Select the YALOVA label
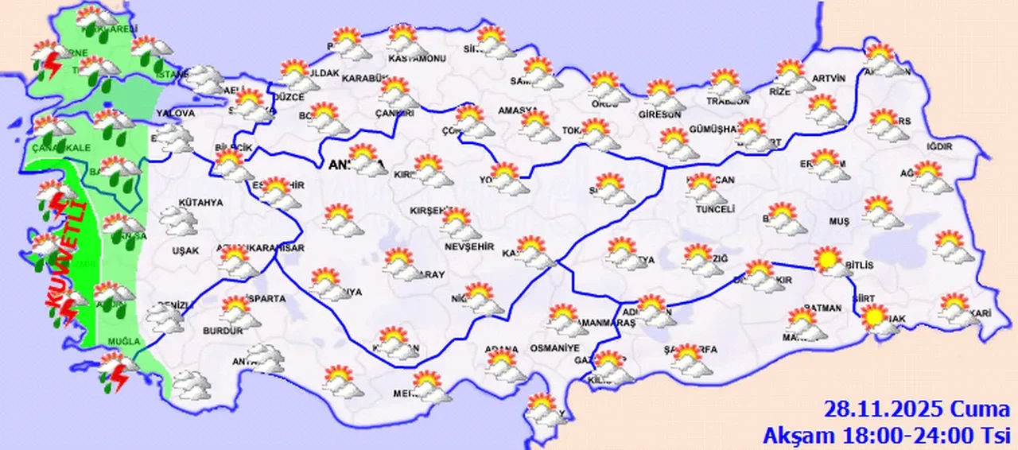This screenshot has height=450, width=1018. (x=176, y=114)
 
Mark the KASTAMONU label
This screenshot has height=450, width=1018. (x=416, y=59)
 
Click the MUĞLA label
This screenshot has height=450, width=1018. (x=125, y=341)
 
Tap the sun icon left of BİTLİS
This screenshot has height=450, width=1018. (x=827, y=259)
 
